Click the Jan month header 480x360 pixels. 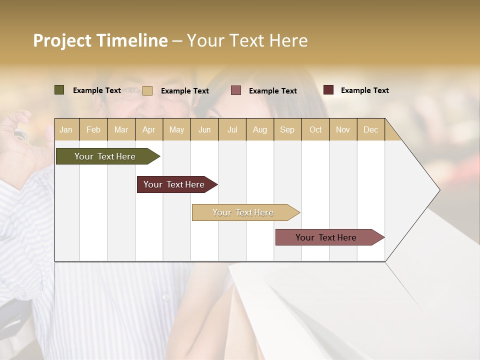(66, 129)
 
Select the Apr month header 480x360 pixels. (148, 129)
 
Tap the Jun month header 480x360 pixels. (204, 129)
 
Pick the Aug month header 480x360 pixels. (260, 129)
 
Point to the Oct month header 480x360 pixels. (315, 129)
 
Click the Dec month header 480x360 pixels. (371, 129)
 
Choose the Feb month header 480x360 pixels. (93, 129)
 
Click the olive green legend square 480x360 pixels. (59, 90)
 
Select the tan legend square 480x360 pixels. (147, 90)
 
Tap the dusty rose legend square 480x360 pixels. (236, 90)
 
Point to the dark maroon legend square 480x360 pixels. (328, 90)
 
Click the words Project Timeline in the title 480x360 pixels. (100, 40)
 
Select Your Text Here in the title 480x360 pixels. (247, 40)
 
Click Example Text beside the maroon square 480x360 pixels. (364, 90)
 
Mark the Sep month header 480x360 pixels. (287, 129)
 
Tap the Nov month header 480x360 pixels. (343, 129)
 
